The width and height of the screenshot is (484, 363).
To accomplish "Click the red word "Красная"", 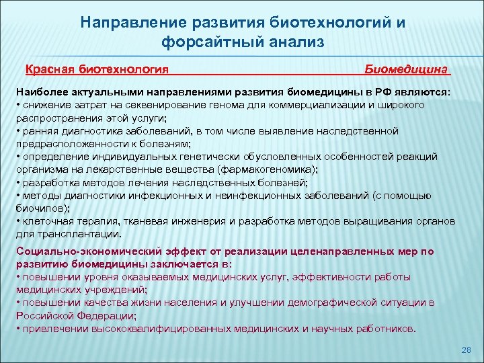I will point(50,69).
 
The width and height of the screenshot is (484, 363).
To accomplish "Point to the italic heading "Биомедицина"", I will point(407,69).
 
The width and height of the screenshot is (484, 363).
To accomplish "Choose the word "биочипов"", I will point(41,208).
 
